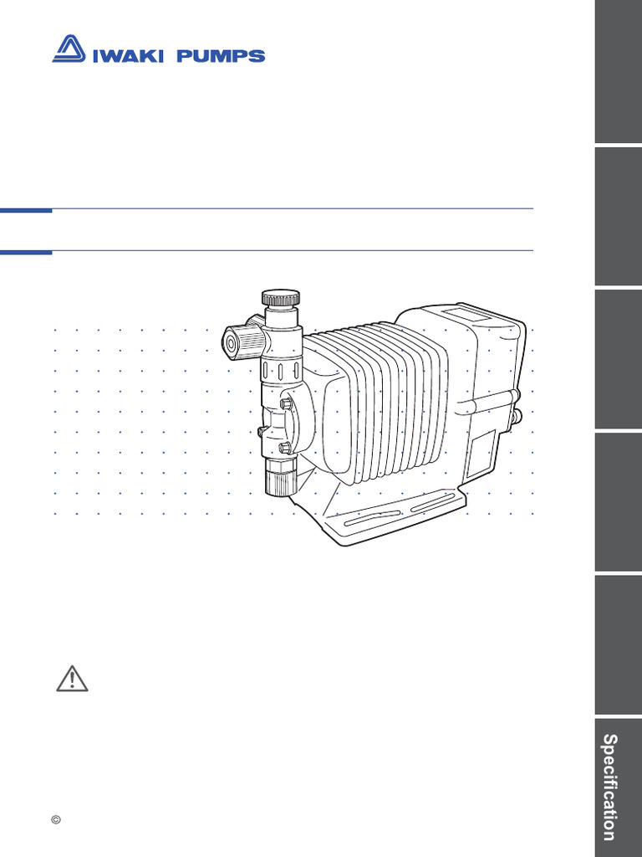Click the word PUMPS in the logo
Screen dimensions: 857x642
click(x=225, y=56)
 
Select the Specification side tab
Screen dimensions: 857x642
click(x=618, y=787)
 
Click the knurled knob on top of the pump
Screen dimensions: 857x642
click(x=280, y=298)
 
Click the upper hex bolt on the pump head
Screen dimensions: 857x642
click(x=287, y=403)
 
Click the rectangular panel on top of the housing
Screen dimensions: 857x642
click(x=470, y=316)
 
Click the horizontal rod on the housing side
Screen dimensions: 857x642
click(x=489, y=399)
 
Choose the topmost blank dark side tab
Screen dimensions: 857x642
click(x=618, y=71)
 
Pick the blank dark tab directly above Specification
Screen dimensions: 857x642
click(x=618, y=644)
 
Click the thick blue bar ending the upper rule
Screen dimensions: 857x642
click(x=26, y=210)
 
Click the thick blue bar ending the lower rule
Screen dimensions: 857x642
click(x=26, y=251)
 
